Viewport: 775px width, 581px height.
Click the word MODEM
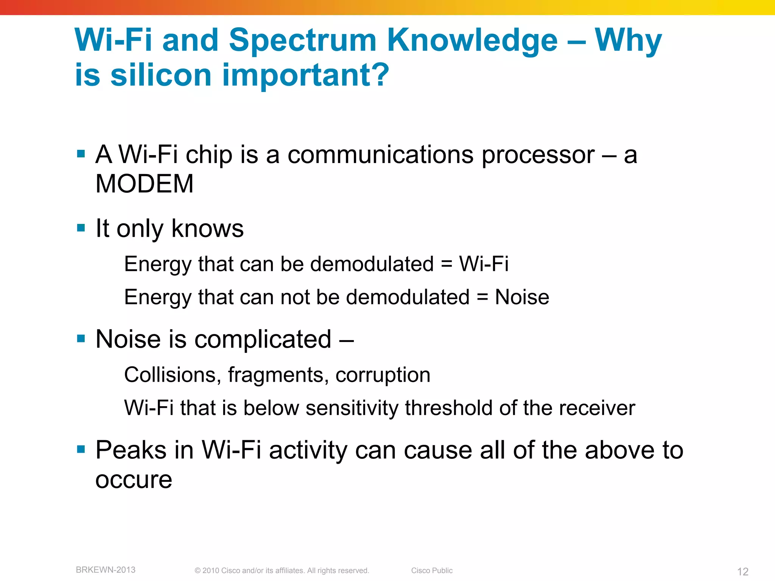point(145,184)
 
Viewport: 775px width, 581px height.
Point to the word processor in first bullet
point(538,155)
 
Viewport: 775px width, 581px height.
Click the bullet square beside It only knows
point(81,228)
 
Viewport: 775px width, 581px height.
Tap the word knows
point(207,228)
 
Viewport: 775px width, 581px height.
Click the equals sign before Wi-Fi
point(447,264)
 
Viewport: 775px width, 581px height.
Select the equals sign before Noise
point(482,297)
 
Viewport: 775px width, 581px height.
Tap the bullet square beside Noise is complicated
point(81,338)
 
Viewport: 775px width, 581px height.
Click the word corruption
point(383,376)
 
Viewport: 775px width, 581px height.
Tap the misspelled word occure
point(134,480)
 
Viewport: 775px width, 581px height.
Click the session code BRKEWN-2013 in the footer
point(106,570)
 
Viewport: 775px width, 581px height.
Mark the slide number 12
point(742,571)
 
